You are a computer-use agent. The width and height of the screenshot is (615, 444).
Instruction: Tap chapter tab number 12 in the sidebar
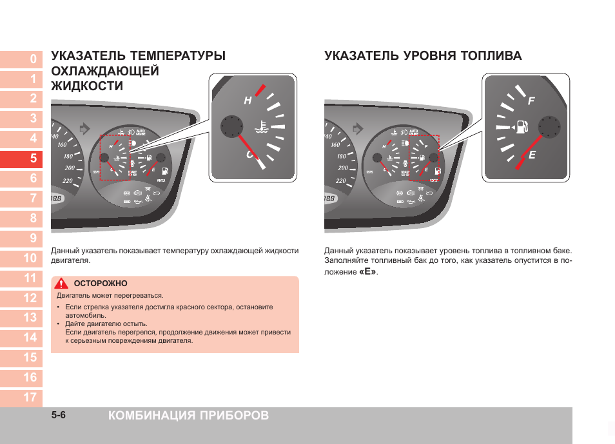[30, 298]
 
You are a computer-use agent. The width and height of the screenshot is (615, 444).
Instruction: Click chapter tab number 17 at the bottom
[30, 397]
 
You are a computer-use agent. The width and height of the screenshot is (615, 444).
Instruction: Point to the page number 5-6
[59, 415]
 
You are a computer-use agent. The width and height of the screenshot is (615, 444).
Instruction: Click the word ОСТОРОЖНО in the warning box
[101, 284]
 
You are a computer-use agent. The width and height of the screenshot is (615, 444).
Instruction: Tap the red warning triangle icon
[61, 284]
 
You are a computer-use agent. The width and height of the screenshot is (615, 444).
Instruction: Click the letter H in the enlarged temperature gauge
[247, 101]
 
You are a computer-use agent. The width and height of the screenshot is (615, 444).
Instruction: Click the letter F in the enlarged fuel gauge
[531, 102]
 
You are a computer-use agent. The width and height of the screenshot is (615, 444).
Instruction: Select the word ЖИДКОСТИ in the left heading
[86, 86]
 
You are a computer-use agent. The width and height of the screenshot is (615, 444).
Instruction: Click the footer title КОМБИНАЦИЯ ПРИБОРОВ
[189, 416]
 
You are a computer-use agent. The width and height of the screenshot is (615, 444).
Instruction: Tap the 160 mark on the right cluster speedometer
[335, 145]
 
